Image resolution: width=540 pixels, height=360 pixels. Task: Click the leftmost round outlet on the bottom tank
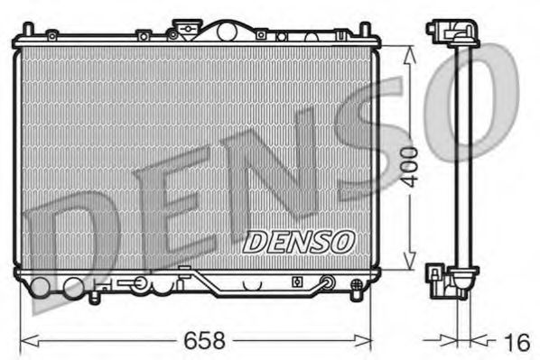tap(41, 289)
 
